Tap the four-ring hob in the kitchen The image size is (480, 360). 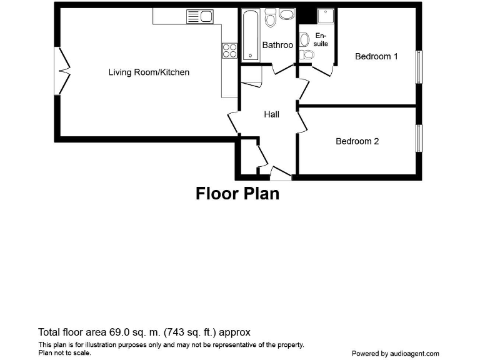coord(229,51)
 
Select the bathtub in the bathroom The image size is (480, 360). coord(249,36)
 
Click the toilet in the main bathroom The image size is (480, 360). coord(271,18)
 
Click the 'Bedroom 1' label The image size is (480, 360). coord(376,56)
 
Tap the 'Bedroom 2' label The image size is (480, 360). coord(357,141)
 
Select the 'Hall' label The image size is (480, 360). coord(271,114)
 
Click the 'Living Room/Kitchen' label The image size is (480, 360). coord(149,72)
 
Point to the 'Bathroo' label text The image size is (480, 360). coord(277,45)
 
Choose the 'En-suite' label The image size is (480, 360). coord(321,40)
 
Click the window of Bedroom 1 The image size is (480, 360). coord(419,66)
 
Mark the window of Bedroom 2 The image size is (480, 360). coord(419,138)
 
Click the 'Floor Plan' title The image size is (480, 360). coord(237,194)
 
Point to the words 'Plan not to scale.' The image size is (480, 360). coord(64,352)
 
